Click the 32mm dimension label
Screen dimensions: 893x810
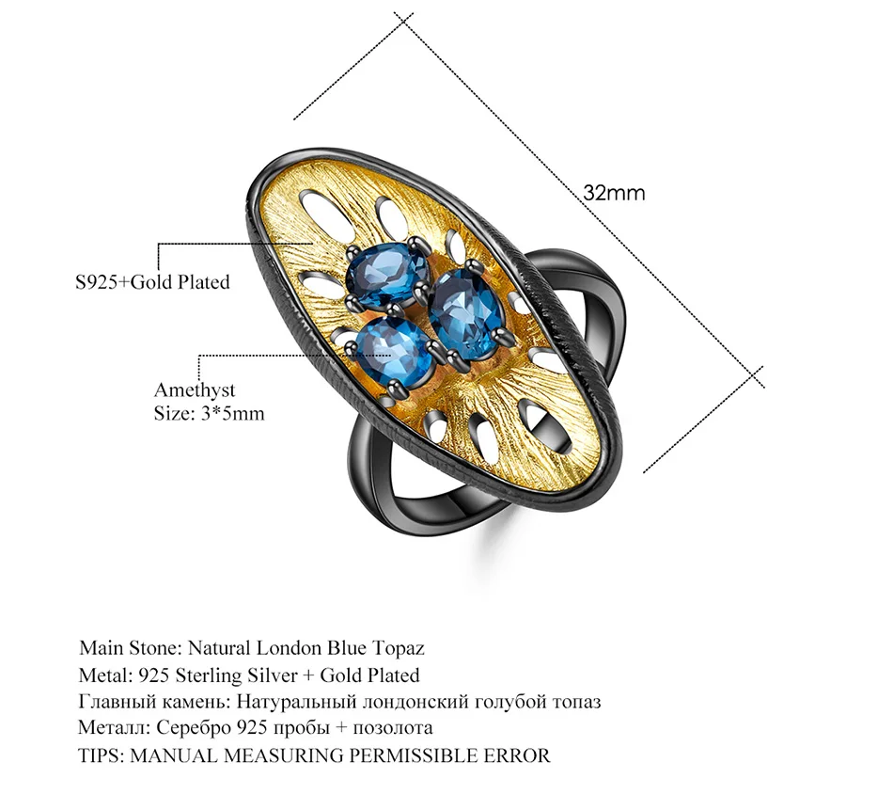click(x=614, y=193)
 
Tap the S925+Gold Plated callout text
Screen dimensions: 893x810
click(x=152, y=282)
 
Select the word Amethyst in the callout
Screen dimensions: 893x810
click(x=195, y=390)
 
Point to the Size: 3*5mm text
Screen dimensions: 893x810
click(x=209, y=413)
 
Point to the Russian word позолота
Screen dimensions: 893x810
click(x=392, y=728)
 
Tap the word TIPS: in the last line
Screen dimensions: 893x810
click(x=101, y=755)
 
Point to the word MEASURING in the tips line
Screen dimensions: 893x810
click(x=283, y=755)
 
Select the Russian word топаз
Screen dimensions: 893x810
click(x=576, y=702)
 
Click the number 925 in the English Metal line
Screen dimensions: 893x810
click(x=154, y=676)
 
